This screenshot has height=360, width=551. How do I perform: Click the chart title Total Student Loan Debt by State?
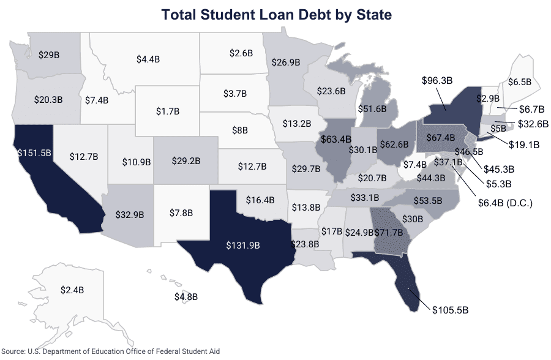275,13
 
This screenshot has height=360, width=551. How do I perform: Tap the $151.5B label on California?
33,152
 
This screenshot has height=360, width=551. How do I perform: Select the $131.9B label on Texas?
241,245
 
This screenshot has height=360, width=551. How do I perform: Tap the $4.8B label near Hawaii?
186,297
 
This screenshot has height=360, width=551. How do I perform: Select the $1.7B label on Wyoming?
167,113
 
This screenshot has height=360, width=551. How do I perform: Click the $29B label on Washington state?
48,54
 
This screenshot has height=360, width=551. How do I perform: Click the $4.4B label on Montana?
148,59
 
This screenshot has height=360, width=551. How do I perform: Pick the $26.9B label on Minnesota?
286,62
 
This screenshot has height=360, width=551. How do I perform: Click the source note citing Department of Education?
110,351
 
